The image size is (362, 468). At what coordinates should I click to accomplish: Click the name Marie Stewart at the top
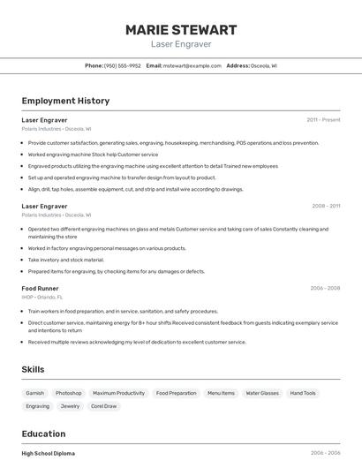point(181,29)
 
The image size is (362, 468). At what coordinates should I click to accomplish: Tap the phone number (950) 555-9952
point(122,65)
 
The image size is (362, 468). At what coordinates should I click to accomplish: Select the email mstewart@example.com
point(192,65)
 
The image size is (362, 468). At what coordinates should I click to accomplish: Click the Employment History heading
point(65,101)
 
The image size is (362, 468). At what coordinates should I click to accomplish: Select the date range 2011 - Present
point(323,119)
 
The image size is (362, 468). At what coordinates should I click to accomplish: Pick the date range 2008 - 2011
point(326,206)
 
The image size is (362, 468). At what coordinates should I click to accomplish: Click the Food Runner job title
point(40,288)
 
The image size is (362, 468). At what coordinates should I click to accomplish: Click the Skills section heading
point(33,369)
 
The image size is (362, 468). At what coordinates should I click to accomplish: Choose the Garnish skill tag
point(34,393)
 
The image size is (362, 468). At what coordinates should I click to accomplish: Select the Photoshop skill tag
point(68,393)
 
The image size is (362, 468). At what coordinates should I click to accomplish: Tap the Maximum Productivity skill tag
point(118,393)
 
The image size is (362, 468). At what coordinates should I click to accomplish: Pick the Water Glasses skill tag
point(262,393)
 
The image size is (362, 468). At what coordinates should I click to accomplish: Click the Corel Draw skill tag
point(103,406)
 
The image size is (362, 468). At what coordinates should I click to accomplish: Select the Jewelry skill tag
point(70,406)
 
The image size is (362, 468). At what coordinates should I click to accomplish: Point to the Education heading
point(43,434)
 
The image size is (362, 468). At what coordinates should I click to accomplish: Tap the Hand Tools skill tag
point(303,393)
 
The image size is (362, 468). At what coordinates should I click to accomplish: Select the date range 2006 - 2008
point(325,288)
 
